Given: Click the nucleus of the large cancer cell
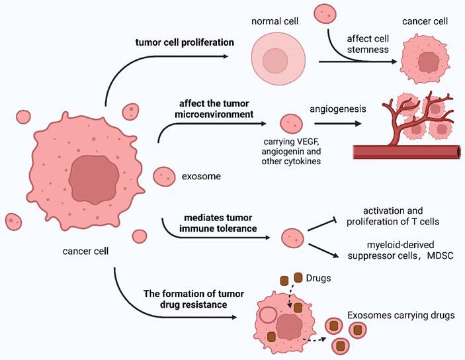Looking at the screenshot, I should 94,179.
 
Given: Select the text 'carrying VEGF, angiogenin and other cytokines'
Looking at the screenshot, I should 290,153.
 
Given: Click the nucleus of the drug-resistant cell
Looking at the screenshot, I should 289,326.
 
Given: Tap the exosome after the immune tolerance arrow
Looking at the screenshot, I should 293,237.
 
